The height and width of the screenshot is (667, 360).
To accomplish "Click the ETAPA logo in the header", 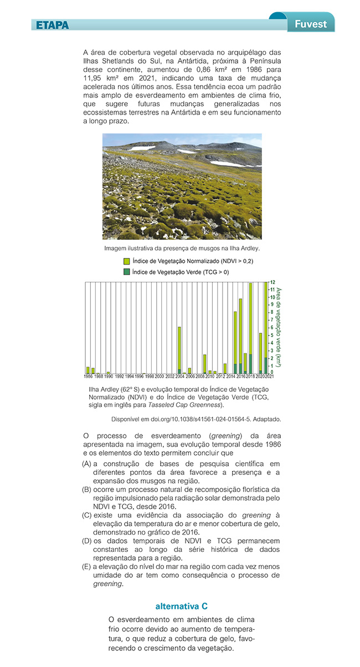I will (53, 25).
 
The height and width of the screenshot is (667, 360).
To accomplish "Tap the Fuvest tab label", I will (311, 24).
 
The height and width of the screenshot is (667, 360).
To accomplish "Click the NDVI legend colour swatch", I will (126, 261).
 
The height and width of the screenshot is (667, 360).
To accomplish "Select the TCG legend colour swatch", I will (126, 272).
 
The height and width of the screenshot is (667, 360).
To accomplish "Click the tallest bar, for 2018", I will (250, 328).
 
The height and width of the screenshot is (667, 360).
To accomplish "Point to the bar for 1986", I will (88, 370).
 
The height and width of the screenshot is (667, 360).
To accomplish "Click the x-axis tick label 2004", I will (179, 376).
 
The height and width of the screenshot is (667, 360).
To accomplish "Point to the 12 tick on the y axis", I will (272, 282).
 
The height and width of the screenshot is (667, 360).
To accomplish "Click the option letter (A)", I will (86, 463).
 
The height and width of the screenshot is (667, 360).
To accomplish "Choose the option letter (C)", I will (86, 515).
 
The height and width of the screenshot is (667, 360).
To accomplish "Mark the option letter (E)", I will (86, 566).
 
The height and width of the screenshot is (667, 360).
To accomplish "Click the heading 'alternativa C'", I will (181, 606).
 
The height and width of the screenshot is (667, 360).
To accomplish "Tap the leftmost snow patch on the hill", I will (141, 148).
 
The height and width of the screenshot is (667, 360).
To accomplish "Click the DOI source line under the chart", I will (196, 418).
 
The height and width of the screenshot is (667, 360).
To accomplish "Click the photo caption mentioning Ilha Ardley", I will (182, 248).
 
